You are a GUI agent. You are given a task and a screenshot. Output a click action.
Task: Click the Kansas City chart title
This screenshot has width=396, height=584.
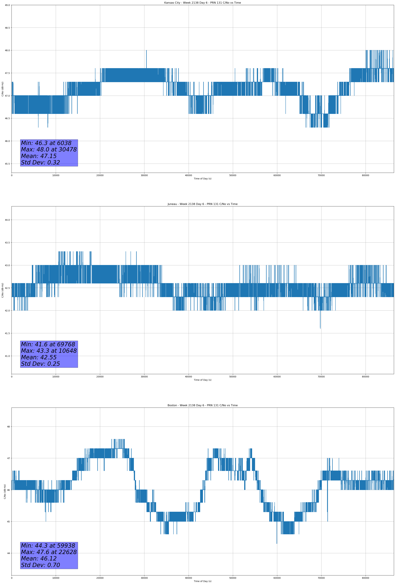pos(202,3)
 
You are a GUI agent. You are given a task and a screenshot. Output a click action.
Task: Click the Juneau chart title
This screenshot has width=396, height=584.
pos(202,204)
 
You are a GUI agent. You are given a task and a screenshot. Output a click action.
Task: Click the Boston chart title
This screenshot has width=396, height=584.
pos(202,405)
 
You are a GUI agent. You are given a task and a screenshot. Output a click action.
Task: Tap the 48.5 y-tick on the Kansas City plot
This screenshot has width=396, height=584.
pos(7,28)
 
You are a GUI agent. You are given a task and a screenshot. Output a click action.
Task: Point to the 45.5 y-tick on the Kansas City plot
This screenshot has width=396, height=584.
pos(7,164)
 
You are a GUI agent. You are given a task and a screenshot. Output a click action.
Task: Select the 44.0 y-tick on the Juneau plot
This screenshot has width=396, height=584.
pos(7,220)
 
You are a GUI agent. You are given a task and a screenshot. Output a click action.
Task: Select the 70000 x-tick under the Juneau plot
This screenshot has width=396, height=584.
pos(321,377)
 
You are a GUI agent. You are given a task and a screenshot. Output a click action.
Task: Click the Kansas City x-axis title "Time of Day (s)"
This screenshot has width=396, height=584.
pos(202,179)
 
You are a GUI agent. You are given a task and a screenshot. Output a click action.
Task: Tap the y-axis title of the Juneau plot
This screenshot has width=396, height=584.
pos(2,290)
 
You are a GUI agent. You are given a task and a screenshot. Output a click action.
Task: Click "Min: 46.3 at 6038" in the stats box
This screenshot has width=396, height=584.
pos(46,143)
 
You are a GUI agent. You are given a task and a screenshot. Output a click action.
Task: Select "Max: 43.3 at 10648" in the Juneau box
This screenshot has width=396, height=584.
pos(49,351)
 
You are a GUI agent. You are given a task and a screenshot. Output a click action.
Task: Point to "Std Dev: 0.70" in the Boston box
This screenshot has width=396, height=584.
pos(40,565)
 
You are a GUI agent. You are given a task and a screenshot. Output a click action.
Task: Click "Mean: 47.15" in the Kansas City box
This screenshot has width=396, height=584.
pos(39,156)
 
